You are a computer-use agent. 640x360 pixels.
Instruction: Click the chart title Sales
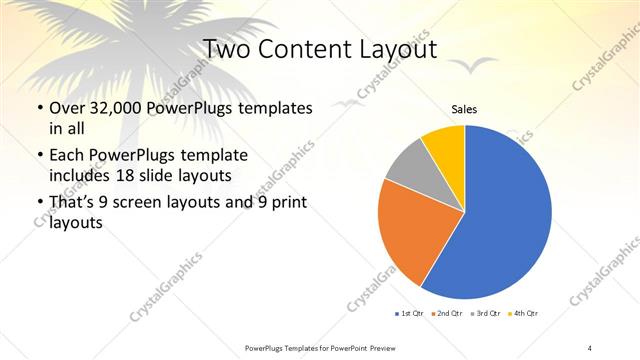(464, 109)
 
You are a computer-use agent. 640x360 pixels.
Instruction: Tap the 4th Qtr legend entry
(523, 314)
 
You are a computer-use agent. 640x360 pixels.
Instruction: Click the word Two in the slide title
(227, 49)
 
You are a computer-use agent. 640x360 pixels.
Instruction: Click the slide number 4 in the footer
(590, 347)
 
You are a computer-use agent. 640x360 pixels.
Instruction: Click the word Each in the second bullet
(66, 157)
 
